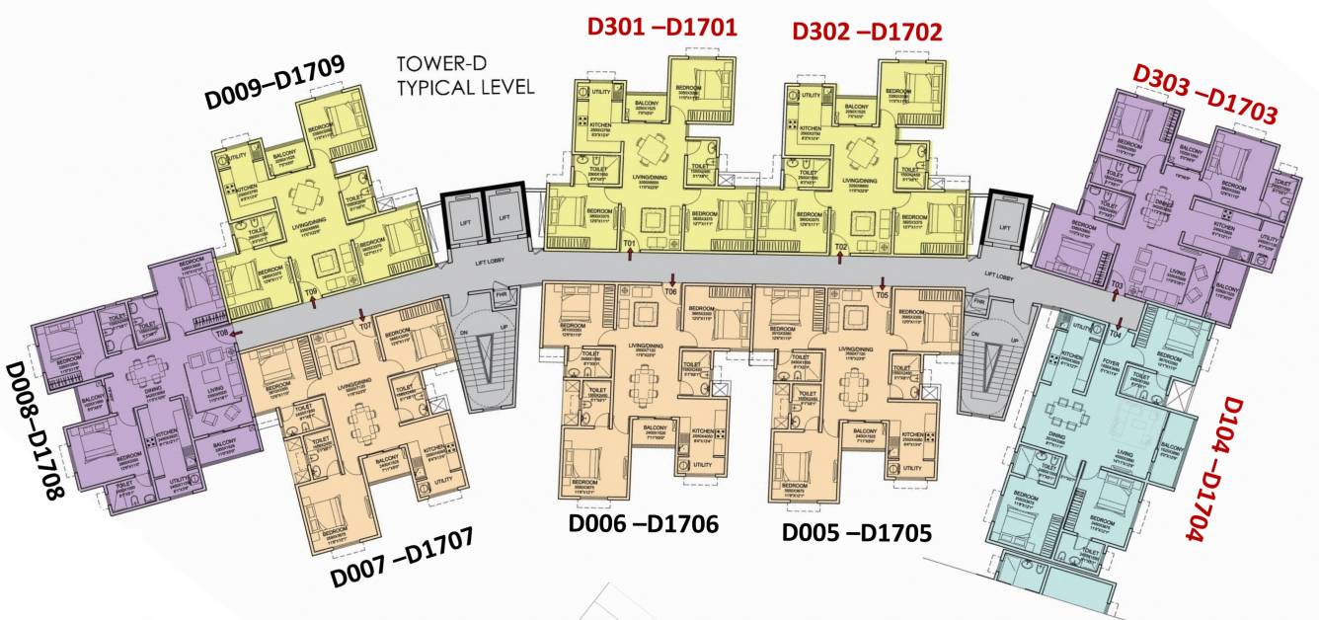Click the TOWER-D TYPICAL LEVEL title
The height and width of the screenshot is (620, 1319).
pos(465,75)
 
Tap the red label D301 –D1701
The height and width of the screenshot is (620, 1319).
pos(661,27)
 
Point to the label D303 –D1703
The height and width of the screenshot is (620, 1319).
pos(1204,95)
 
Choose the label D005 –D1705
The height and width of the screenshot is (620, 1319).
pos(857,532)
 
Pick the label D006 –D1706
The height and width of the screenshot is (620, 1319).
pos(643,523)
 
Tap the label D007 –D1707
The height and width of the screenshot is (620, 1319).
pos(403,559)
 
